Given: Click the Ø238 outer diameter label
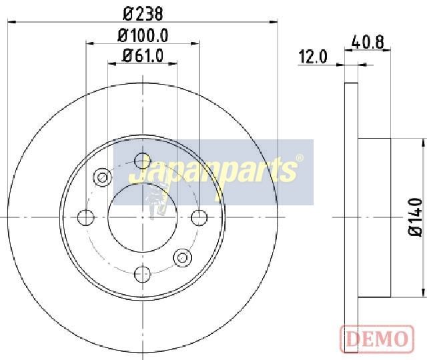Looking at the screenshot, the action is tap(143, 13).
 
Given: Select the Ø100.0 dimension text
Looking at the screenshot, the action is tap(143, 35).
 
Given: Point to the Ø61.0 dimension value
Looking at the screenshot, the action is tap(143, 55).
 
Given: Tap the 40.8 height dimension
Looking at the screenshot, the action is tap(368, 42).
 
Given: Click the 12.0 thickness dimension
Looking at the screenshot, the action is tap(313, 57).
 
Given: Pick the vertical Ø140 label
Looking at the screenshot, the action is tap(415, 217).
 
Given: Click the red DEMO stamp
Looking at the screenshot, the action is tap(377, 339).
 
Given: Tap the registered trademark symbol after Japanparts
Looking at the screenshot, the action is tap(299, 158).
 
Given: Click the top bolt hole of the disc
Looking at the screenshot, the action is tap(143, 161).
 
